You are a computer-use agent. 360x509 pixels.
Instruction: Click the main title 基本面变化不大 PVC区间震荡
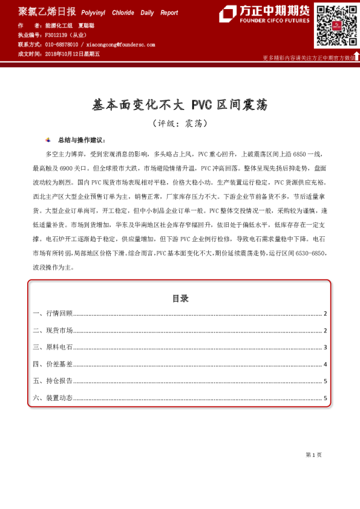click(x=180, y=105)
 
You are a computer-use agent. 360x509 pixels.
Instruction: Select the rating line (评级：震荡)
click(x=180, y=123)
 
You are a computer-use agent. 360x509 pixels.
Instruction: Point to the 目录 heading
click(x=180, y=299)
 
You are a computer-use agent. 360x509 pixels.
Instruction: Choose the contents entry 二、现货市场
click(x=53, y=330)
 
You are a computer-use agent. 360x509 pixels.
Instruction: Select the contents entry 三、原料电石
click(x=53, y=347)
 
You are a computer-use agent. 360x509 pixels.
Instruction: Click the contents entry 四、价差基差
click(x=53, y=364)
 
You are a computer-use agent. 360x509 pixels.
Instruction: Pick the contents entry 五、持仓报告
click(x=53, y=381)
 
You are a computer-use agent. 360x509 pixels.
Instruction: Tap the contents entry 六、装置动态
click(x=53, y=398)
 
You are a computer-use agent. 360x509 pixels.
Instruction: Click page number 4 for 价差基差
click(x=326, y=364)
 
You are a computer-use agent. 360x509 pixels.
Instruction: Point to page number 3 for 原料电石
click(x=326, y=347)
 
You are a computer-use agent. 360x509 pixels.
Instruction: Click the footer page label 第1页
click(x=313, y=454)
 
